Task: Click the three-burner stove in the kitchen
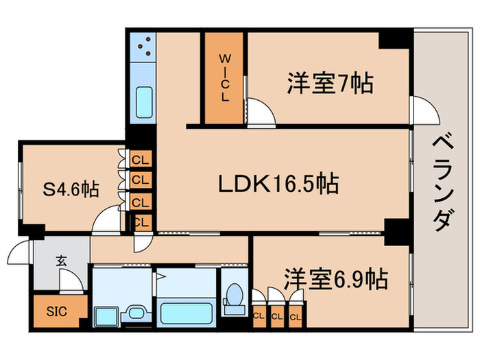tap(144, 47)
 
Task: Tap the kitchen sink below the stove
tap(144, 101)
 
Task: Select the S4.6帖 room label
tap(71, 189)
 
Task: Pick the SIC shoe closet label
tap(57, 311)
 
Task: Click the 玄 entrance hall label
tap(61, 261)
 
